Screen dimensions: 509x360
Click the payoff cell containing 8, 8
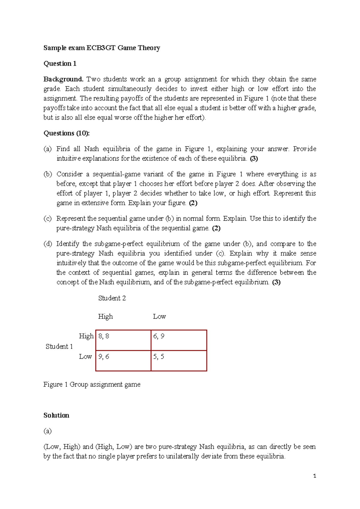(123, 340)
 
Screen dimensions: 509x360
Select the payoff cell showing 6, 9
(179, 340)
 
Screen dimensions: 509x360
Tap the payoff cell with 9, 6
(123, 360)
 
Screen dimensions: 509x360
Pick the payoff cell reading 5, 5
(179, 360)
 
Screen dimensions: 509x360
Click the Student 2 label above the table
(112, 298)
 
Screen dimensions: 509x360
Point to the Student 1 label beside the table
(59, 346)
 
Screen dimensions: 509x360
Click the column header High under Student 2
(105, 316)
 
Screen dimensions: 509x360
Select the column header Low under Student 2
(159, 316)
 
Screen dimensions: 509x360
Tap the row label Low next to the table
(85, 357)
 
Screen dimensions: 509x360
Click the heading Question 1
(60, 63)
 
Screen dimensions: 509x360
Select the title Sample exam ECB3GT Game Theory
(102, 48)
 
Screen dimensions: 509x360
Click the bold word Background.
(63, 79)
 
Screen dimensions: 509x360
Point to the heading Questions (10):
(67, 133)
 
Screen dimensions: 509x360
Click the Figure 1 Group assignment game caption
(92, 384)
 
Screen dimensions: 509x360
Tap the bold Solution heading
(56, 415)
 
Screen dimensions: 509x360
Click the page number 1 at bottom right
(314, 476)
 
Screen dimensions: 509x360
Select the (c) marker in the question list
(47, 218)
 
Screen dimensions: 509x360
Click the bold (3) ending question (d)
(276, 282)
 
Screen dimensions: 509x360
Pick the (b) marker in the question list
(47, 174)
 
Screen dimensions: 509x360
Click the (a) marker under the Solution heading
(47, 431)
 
